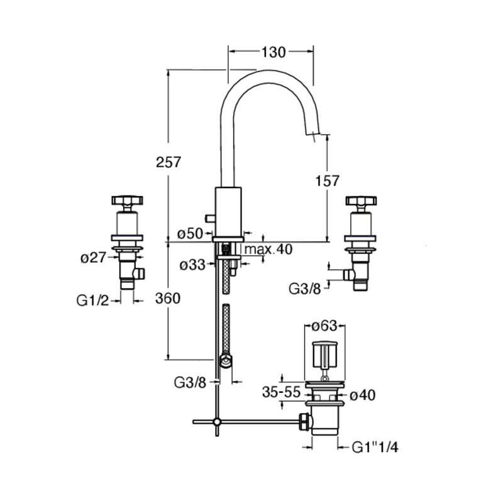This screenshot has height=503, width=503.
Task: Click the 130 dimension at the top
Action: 274,52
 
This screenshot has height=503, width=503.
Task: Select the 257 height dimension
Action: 169,162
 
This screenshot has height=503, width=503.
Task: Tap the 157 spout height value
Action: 327,181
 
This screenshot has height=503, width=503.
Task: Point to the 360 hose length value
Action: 168,299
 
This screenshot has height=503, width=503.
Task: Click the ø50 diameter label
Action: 191,233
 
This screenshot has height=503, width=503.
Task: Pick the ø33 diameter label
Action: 192,265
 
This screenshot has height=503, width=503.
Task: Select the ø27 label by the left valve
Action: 93,257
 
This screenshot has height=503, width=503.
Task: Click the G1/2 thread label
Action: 92,301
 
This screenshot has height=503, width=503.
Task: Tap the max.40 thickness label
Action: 268,249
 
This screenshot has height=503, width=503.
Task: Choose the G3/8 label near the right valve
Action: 305,289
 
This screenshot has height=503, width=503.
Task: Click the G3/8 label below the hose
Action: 190,382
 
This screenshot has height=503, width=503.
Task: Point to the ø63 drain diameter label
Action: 324,326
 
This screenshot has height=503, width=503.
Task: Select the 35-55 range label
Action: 281,392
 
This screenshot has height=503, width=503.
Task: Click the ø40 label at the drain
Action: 363,395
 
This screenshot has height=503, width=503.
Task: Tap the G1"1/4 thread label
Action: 375,447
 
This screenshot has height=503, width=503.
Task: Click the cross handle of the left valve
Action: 128,201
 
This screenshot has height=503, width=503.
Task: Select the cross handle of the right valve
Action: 361,201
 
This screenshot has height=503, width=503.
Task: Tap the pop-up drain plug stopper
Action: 324,355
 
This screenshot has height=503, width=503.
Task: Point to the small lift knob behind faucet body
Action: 211,218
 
